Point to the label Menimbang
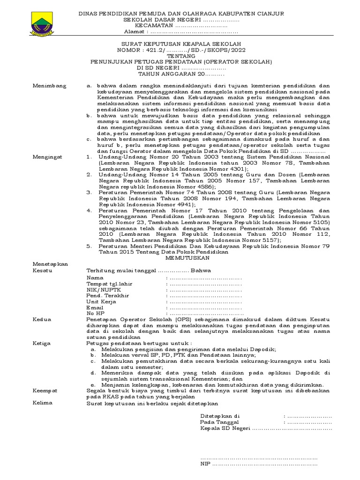click(x=49, y=86)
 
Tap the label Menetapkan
click(x=50, y=264)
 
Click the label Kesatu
click(x=42, y=270)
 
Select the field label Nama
click(x=94, y=278)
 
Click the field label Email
click(x=95, y=307)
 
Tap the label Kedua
click(x=41, y=319)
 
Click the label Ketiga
click(x=42, y=343)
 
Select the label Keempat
click(x=45, y=390)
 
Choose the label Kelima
click(x=42, y=403)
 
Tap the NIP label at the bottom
click(x=205, y=464)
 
